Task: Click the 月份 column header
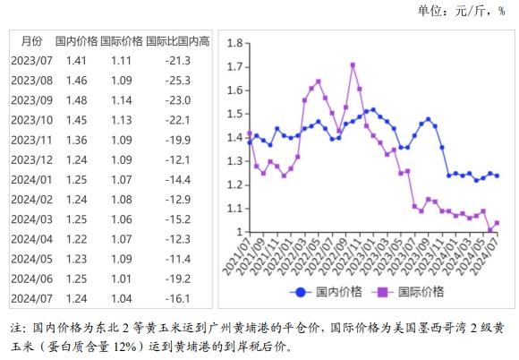pos(30,41)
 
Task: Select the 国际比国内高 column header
pos(178,41)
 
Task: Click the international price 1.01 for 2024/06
pos(121,278)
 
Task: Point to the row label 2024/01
pos(30,179)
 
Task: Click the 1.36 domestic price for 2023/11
pos(76,140)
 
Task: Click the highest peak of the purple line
pos(353,64)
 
